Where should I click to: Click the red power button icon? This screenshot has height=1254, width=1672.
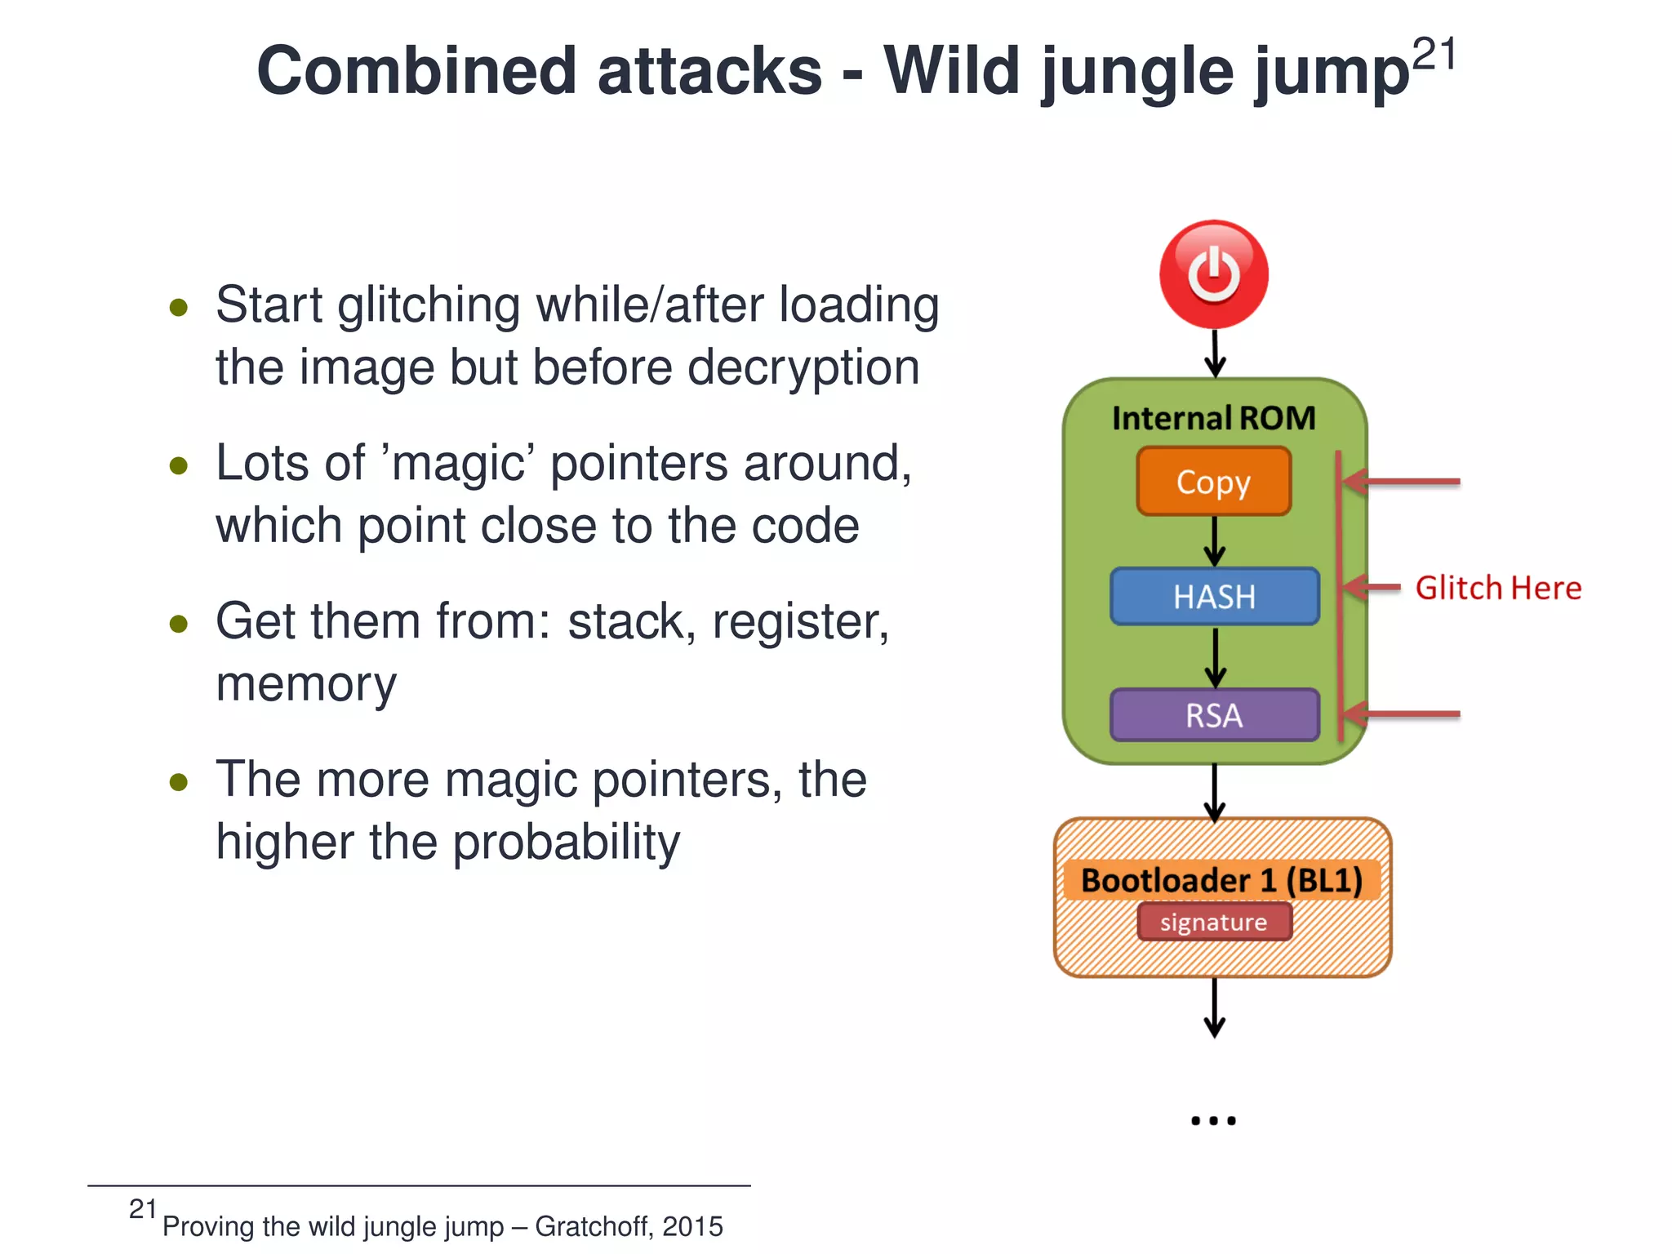tap(1214, 274)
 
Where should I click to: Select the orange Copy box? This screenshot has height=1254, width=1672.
tap(1214, 482)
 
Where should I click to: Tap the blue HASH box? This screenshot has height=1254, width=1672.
tap(1214, 597)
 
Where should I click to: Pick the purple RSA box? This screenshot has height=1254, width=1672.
tap(1214, 715)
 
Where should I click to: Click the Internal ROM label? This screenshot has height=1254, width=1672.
tap(1214, 418)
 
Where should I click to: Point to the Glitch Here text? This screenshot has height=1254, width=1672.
tap(1498, 588)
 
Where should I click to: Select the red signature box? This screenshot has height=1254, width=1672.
tap(1214, 922)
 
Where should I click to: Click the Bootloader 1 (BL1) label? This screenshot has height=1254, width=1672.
tap(1221, 880)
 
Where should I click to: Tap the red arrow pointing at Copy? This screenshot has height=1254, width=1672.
tap(1400, 482)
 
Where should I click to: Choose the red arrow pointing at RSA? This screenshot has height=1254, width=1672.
tap(1400, 714)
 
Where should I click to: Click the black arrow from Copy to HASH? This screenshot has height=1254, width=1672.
tap(1215, 541)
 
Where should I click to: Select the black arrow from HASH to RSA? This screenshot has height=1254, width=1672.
tap(1215, 658)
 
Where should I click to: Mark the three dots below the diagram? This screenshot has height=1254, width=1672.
tap(1213, 1121)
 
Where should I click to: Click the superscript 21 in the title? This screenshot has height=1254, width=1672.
tap(1434, 56)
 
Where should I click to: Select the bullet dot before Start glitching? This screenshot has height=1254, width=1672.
tap(179, 308)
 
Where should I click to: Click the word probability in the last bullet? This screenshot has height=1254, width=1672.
tap(565, 843)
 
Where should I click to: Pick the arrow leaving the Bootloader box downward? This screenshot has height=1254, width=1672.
tap(1215, 1008)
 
